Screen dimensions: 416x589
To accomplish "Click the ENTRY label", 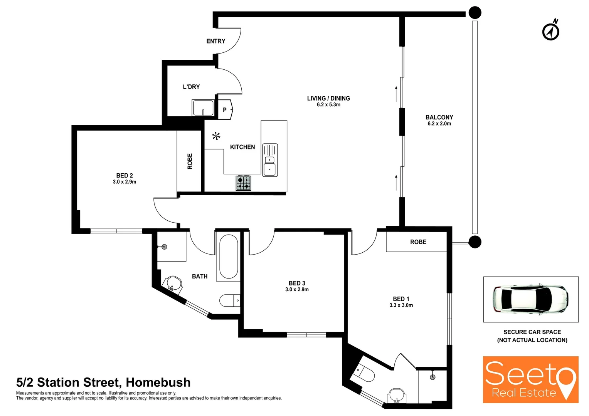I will (215, 41).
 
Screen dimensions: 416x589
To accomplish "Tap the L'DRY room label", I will (191, 87).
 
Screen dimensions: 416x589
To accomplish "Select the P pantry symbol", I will (225, 110).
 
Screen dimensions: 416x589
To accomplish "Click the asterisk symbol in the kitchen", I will (216, 136).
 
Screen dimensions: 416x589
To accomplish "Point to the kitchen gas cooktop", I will (243, 183).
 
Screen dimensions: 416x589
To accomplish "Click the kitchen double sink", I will (270, 160).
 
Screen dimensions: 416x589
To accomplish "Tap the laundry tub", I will (203, 108).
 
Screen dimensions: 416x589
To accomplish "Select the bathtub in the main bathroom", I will (228, 256).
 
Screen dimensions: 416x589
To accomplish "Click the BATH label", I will (200, 276).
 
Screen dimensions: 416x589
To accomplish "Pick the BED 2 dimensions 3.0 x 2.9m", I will (125, 182).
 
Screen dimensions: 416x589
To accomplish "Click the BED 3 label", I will (297, 283).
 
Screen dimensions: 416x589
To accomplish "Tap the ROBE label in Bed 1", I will (418, 242).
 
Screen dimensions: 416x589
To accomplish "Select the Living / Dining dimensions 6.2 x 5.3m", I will (328, 105).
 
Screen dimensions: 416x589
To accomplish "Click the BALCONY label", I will (439, 117).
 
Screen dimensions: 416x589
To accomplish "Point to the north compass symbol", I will (551, 31).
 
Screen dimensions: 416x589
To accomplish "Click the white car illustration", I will (530, 299).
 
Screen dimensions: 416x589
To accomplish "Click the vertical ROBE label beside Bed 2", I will (190, 161).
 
